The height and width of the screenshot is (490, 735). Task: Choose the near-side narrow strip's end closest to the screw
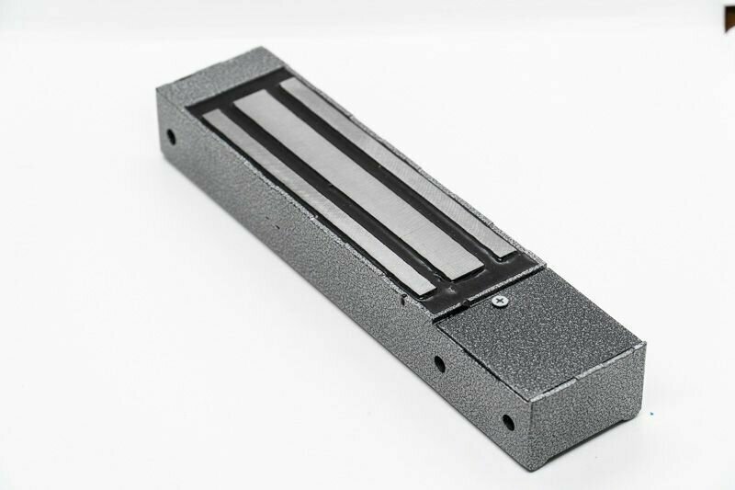(x=413, y=285)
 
